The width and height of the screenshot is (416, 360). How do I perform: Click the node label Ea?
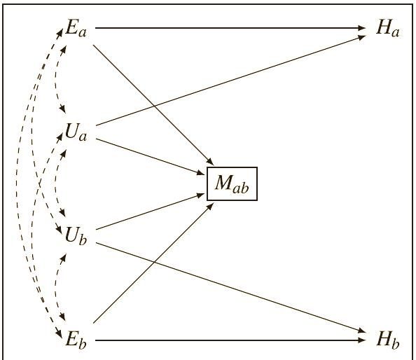(x=76, y=28)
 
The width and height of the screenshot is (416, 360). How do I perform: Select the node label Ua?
(x=76, y=132)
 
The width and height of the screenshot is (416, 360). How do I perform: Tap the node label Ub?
(x=76, y=235)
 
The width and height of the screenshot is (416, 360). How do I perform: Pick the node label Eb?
(x=76, y=339)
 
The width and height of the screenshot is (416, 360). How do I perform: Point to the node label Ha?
(x=388, y=28)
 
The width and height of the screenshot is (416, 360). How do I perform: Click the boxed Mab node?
(x=232, y=184)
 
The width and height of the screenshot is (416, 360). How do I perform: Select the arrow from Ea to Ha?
(x=230, y=27)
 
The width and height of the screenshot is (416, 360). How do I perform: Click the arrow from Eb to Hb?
(x=230, y=340)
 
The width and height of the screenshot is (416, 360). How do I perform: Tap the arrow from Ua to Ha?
(x=231, y=81)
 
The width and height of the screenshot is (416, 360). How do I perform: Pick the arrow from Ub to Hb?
(x=231, y=287)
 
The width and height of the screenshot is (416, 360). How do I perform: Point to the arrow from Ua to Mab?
(x=151, y=156)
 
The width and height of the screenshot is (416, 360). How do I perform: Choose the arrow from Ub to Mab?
(x=151, y=212)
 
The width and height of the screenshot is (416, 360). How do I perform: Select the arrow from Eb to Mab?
(x=153, y=263)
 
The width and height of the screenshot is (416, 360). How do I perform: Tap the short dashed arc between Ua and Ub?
(x=56, y=183)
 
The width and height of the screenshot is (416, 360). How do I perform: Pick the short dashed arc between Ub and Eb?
(x=56, y=287)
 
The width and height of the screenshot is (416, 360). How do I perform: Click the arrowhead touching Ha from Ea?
(x=362, y=27)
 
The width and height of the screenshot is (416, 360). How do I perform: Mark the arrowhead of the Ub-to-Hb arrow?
(x=362, y=331)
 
